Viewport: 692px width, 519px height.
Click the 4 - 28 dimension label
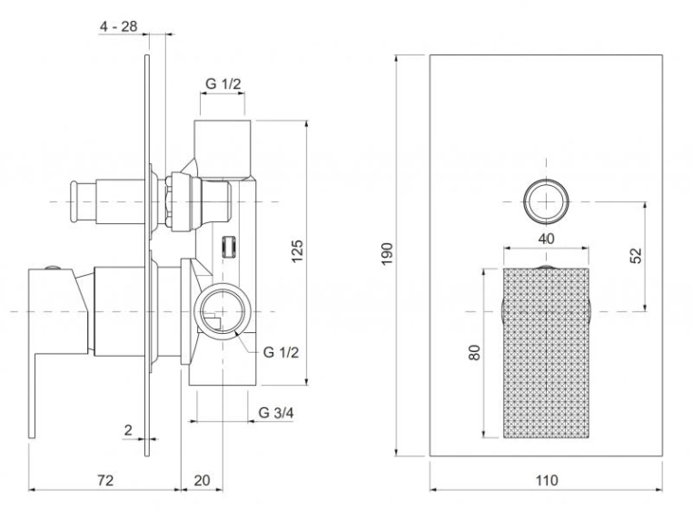(x=118, y=26)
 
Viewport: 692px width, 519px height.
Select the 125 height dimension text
(x=298, y=251)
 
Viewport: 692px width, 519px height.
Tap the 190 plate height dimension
(x=387, y=253)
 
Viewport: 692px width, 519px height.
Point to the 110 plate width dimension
(x=547, y=480)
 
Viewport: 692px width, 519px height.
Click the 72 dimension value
(x=105, y=480)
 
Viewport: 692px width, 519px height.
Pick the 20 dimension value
(x=203, y=480)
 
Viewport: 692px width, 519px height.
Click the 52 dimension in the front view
(x=636, y=255)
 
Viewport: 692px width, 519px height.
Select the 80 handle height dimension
(x=474, y=352)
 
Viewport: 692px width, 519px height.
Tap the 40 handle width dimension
(x=547, y=239)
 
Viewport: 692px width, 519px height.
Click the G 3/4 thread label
(x=276, y=413)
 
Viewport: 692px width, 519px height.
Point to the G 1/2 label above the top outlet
(x=223, y=83)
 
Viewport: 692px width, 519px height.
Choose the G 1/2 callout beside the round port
(x=282, y=352)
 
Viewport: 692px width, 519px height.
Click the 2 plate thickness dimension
(x=128, y=429)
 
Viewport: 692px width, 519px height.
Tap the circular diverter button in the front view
(x=547, y=201)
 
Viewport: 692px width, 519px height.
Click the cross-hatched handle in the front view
(x=547, y=353)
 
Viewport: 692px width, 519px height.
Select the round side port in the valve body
(x=222, y=312)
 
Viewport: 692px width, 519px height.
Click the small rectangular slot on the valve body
(x=228, y=247)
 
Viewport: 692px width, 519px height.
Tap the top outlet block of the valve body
(x=222, y=149)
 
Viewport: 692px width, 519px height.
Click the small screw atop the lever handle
(x=53, y=268)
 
